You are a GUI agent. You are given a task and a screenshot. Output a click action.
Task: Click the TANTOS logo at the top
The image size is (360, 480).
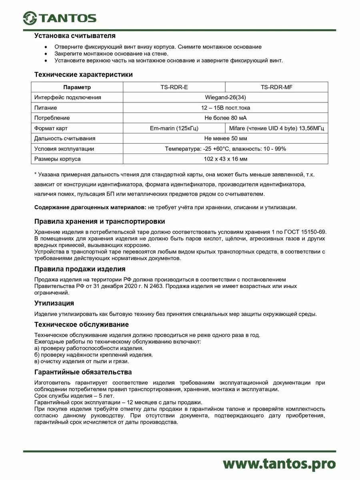click(x=59, y=18)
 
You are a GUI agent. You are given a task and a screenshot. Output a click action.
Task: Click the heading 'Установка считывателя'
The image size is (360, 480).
click(x=75, y=36)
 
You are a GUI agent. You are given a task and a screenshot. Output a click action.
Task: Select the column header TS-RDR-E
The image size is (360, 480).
click(x=174, y=87)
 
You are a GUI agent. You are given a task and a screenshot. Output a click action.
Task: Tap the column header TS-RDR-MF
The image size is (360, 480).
click(x=276, y=87)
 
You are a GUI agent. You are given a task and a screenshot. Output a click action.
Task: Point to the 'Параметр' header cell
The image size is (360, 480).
click(x=77, y=87)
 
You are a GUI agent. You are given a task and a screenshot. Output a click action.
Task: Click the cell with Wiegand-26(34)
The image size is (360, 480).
click(x=225, y=97)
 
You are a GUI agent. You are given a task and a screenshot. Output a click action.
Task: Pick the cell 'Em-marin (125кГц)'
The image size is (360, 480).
click(x=174, y=128)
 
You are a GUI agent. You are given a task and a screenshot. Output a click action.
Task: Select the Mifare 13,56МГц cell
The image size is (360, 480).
click(x=276, y=128)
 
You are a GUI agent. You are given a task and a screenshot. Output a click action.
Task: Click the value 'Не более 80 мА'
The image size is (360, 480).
click(x=225, y=118)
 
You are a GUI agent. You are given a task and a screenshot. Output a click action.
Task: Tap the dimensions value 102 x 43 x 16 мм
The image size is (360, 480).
click(x=225, y=159)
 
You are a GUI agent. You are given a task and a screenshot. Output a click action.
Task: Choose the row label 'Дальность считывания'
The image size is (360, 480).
click(x=65, y=138)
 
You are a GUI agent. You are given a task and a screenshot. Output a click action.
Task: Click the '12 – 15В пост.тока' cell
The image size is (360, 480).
click(x=225, y=108)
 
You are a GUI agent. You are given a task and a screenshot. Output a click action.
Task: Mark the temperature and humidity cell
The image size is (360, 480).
click(x=225, y=149)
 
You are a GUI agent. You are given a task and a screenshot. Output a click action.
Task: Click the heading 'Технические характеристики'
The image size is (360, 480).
click(x=84, y=74)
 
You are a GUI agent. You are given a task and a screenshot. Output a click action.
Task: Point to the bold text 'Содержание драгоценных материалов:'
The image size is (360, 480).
click(x=90, y=207)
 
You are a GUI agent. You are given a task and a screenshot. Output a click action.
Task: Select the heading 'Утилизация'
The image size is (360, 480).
click(x=54, y=303)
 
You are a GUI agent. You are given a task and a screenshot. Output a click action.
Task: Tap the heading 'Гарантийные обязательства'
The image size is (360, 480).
click(x=83, y=372)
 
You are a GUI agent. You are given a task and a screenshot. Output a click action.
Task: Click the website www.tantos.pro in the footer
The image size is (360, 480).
click(x=279, y=463)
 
